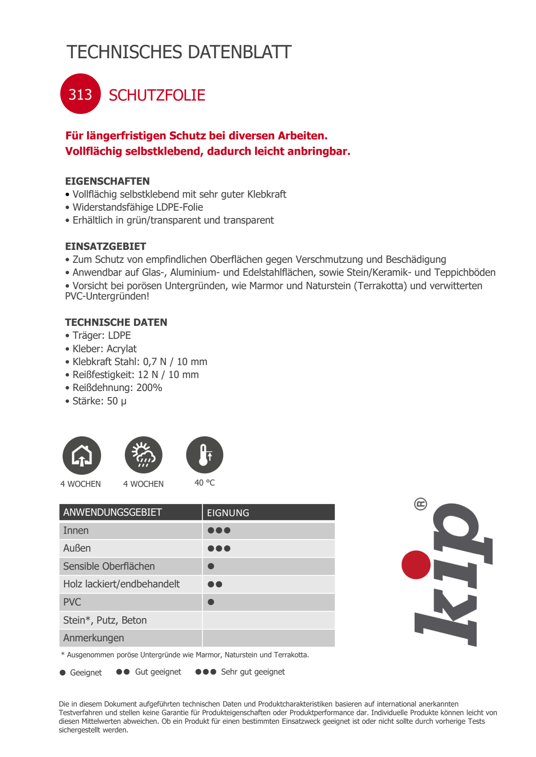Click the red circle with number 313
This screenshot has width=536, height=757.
tap(80, 94)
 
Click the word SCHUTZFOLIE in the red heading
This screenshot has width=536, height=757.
tap(157, 95)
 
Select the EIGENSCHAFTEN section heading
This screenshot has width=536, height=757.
tap(107, 181)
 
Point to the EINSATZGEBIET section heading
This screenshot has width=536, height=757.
tap(105, 246)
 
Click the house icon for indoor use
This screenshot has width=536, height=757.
tap(82, 456)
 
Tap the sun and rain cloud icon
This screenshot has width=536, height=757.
tap(143, 455)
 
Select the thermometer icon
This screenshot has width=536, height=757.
tap(205, 455)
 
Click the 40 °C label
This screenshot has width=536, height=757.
tap(205, 483)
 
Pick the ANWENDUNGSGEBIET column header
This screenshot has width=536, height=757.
tap(112, 512)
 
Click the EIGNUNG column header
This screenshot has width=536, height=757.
tap(228, 513)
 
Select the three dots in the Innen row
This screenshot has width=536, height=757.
tap(219, 530)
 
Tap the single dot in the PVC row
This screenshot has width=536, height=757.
tap(211, 602)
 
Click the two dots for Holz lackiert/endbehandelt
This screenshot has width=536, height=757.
tap(215, 584)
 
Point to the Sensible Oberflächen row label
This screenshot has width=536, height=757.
tap(109, 566)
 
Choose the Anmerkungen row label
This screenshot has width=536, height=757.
tap(93, 638)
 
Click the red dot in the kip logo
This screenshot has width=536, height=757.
tap(416, 565)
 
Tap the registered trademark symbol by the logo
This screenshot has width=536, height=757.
tap(420, 504)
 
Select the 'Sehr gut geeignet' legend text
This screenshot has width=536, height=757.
tap(253, 672)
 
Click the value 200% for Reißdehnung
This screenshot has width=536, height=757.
tap(149, 388)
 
